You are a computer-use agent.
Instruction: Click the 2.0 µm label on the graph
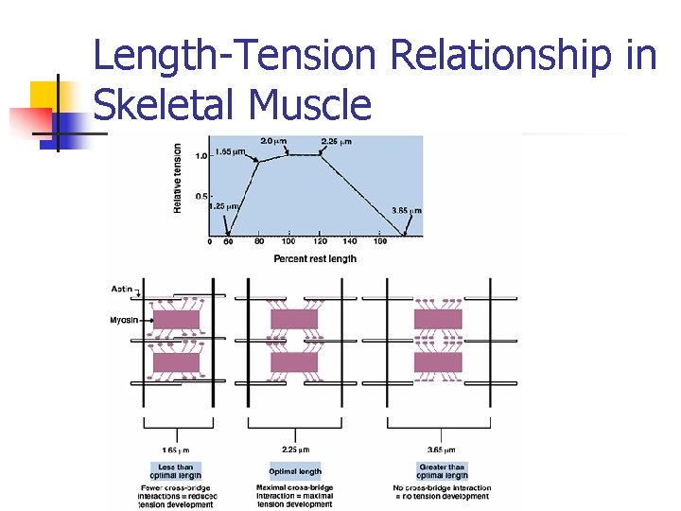[x=274, y=141]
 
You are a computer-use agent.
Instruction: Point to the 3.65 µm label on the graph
[x=407, y=210]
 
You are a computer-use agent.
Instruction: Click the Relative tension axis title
[x=178, y=178]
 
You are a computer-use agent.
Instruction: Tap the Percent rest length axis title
[x=315, y=258]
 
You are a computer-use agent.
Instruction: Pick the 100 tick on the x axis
[x=288, y=242]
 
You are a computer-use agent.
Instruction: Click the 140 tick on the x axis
[x=349, y=242]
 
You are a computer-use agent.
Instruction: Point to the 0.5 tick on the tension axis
[x=201, y=197]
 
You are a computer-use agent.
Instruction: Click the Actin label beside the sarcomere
[x=122, y=288]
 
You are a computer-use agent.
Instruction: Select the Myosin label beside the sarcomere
[x=125, y=320]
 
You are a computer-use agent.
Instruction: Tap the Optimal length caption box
[x=295, y=470]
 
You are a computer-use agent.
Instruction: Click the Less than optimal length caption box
[x=176, y=470]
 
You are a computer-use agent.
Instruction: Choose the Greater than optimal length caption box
[x=441, y=470]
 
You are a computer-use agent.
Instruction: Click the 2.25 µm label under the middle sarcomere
[x=296, y=449]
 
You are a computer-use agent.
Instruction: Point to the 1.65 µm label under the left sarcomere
[x=177, y=449]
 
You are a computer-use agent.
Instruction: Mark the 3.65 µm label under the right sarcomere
[x=441, y=449]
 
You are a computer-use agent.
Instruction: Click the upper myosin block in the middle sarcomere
[x=294, y=319]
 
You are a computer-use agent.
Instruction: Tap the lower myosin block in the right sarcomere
[x=438, y=362]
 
